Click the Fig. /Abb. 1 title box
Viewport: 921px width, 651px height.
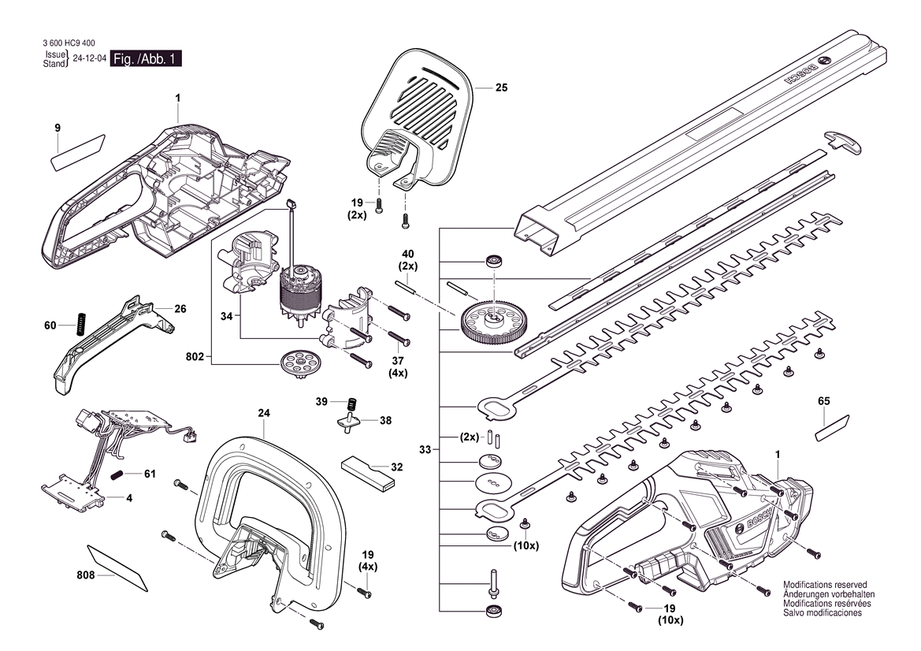click(x=146, y=59)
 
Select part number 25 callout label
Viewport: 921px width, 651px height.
click(x=501, y=88)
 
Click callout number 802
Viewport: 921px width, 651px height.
click(x=195, y=357)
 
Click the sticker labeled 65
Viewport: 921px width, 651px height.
click(x=832, y=427)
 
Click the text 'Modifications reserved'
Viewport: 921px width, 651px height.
click(x=825, y=585)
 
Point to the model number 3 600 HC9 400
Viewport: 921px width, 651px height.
click(x=69, y=43)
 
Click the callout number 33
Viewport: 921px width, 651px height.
click(x=425, y=450)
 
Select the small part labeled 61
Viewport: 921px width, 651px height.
click(x=119, y=474)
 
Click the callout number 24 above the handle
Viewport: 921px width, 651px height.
click(x=264, y=414)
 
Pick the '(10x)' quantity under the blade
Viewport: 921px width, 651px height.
click(x=525, y=546)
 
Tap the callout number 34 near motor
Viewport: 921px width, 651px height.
click(x=227, y=317)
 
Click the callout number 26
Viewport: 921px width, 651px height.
click(x=180, y=308)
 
